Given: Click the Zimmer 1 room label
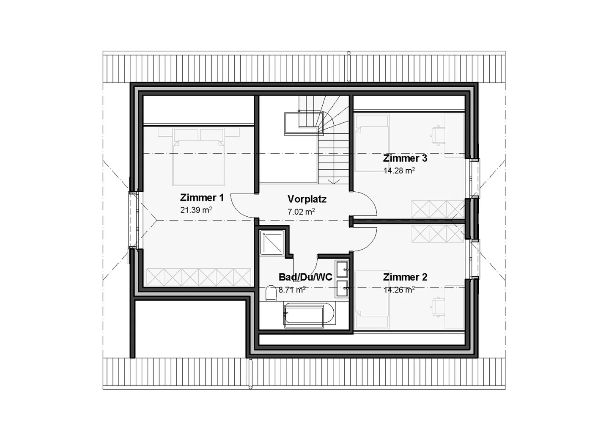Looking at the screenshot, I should (202, 198).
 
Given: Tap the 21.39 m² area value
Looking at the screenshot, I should (196, 209).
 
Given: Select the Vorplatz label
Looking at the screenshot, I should (307, 199).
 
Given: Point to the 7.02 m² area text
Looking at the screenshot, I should (301, 212).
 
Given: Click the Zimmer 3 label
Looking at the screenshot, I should (405, 158).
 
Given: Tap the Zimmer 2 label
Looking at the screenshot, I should (405, 277).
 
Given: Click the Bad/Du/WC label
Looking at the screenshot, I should (305, 277).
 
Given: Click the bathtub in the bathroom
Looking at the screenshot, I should (309, 314).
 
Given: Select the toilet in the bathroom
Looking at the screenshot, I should (271, 293).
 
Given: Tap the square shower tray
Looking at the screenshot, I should (272, 242).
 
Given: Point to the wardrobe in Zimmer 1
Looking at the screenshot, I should (198, 277).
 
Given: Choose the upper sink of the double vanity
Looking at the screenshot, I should (342, 267).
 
